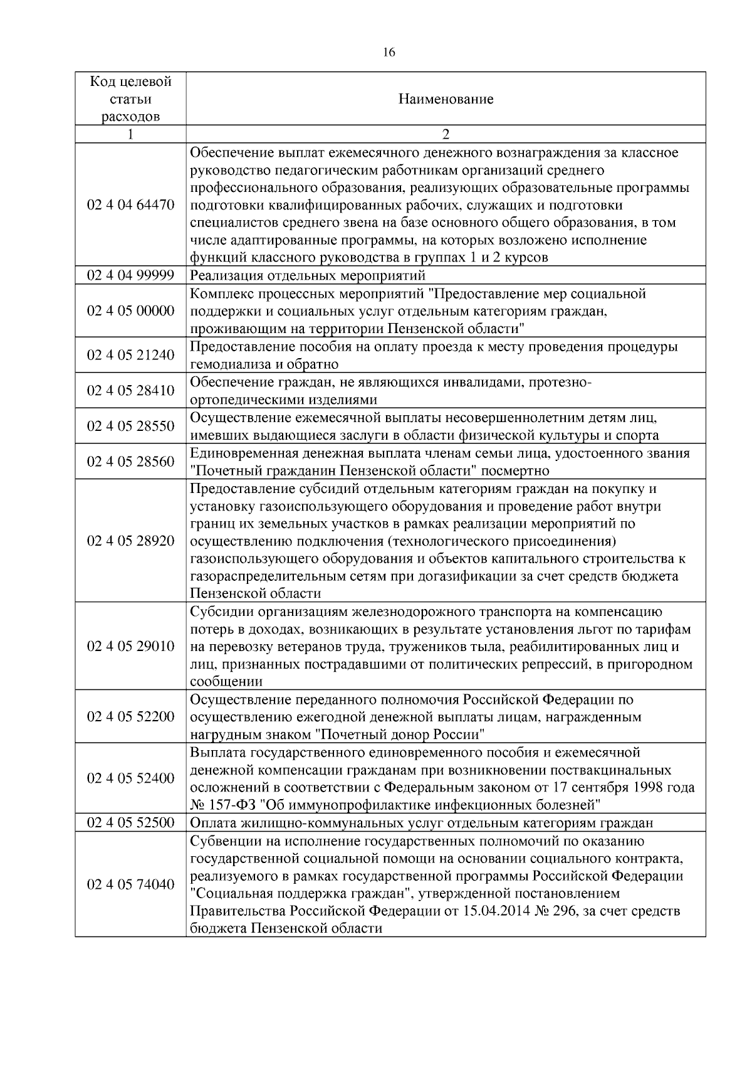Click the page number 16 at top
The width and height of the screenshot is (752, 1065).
pos(389,53)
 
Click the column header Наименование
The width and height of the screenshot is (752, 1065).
pos(446,99)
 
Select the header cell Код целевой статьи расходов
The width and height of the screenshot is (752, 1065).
pos(130,99)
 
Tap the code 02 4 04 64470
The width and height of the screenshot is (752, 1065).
pos(130,204)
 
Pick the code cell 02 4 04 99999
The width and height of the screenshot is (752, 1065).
pos(130,275)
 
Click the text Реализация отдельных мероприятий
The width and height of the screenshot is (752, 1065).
pos(308,275)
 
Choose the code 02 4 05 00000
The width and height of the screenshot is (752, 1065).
pos(130,310)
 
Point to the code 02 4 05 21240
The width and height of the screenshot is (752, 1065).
pos(130,355)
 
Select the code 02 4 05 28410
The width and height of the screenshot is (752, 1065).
pos(130,390)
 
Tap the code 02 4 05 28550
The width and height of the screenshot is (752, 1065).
pos(130,426)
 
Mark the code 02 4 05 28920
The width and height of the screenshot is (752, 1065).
pos(130,541)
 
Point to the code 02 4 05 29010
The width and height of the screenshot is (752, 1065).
pos(130,646)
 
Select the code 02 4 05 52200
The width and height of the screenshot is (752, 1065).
pos(130,716)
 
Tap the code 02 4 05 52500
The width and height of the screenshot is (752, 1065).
pos(130,823)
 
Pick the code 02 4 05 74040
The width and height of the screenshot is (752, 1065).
pos(130,884)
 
